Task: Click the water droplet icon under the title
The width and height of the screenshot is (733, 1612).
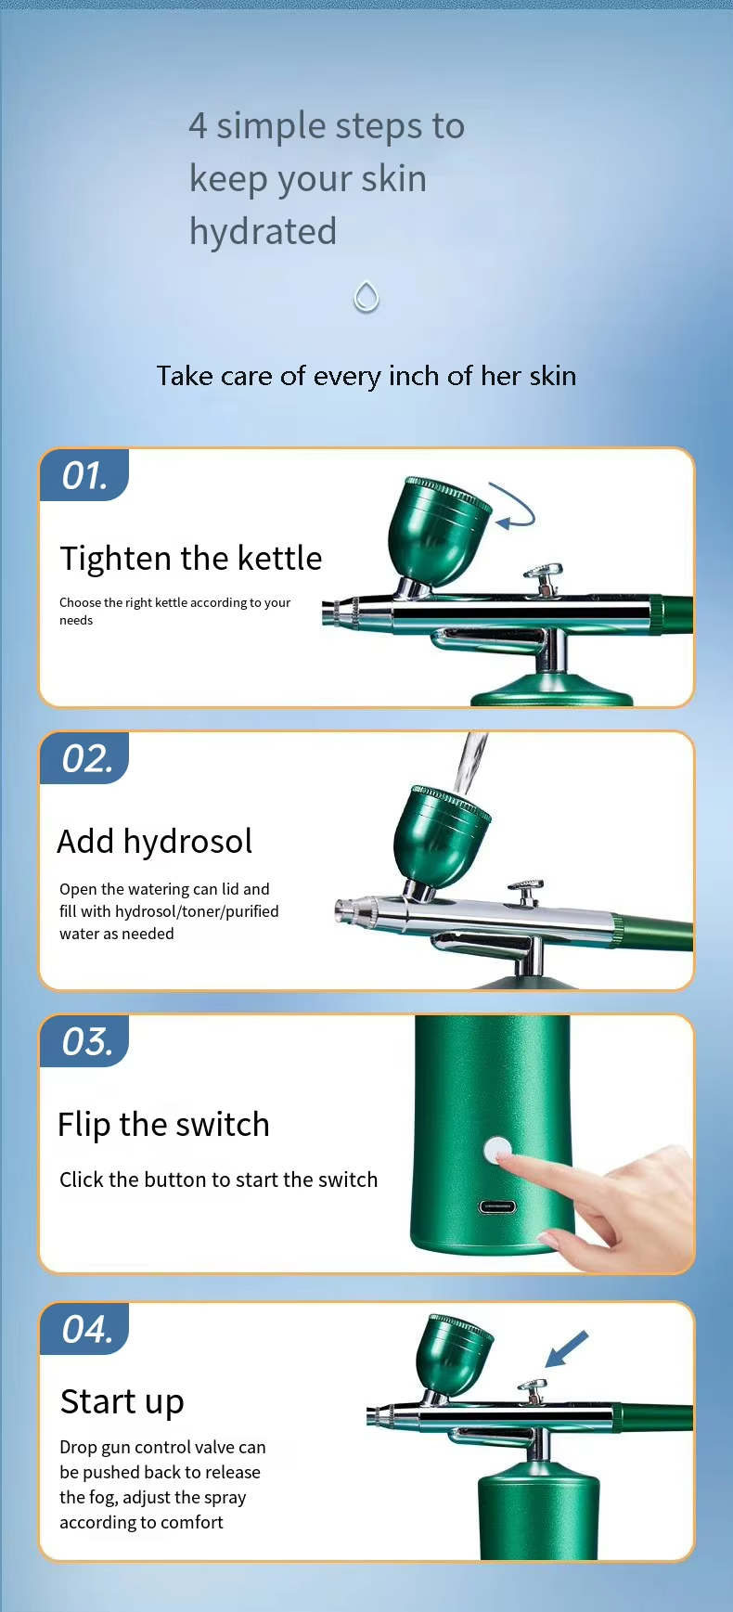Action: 366,297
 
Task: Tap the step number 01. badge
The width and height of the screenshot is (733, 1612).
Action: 84,475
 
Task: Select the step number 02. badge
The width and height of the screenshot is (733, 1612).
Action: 84,758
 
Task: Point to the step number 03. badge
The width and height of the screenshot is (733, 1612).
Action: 84,1041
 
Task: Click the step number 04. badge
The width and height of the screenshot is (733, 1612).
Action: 84,1329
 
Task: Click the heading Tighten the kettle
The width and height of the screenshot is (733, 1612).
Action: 191,559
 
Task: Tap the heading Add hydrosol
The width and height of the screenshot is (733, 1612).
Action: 155,842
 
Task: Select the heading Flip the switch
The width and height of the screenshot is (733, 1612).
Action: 163,1125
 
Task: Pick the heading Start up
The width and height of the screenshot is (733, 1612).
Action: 122,1402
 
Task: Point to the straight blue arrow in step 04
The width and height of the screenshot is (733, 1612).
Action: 566,1349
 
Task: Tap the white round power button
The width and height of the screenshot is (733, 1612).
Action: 497,1151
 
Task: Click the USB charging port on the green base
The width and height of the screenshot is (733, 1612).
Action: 497,1206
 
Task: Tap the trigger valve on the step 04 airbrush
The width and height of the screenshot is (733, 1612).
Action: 533,1390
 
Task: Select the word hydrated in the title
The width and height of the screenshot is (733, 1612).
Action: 263,232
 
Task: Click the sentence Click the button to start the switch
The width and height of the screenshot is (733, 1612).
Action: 219,1180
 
